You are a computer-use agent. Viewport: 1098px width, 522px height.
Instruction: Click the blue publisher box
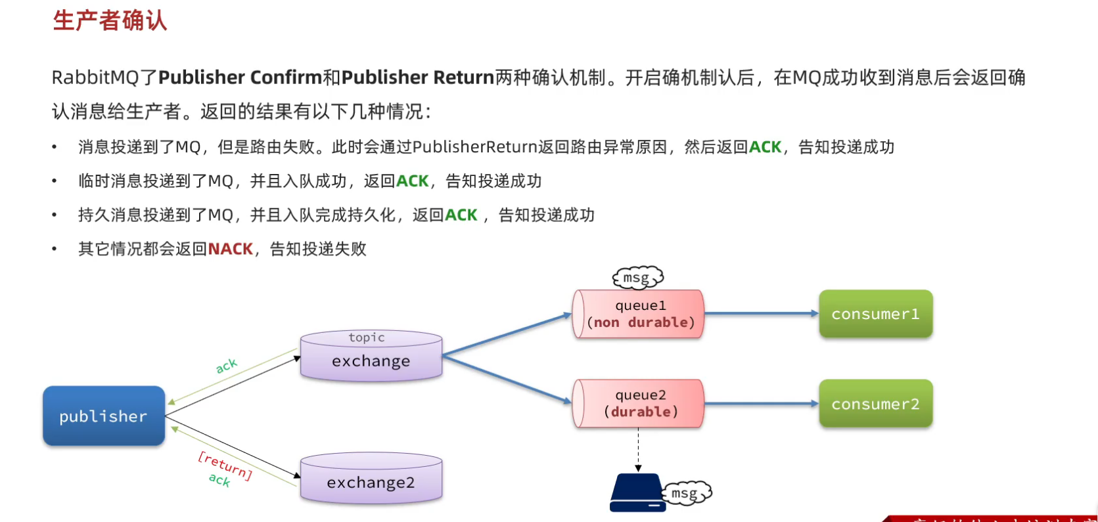click(x=104, y=416)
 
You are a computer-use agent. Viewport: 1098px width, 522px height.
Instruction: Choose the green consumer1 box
click(x=875, y=314)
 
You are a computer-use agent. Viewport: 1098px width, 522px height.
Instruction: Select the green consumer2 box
click(x=875, y=404)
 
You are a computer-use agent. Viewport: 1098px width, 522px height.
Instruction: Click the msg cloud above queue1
click(x=637, y=278)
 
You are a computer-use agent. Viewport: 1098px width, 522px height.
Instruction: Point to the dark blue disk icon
click(x=635, y=492)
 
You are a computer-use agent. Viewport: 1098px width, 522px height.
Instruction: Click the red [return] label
click(x=225, y=465)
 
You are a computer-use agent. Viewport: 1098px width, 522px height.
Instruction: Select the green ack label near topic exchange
click(x=226, y=366)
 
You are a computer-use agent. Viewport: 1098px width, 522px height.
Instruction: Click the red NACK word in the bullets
click(x=230, y=249)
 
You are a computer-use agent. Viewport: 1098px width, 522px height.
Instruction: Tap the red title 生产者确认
click(x=110, y=20)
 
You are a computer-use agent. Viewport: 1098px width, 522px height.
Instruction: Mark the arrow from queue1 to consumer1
click(x=761, y=314)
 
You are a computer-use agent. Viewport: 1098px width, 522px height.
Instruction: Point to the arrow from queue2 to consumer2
click(x=761, y=404)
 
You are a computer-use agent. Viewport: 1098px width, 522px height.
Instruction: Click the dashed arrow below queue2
click(x=638, y=450)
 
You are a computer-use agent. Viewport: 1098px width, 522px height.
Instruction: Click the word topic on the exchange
click(x=367, y=337)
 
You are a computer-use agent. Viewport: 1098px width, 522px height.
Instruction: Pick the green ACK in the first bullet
click(x=765, y=147)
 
